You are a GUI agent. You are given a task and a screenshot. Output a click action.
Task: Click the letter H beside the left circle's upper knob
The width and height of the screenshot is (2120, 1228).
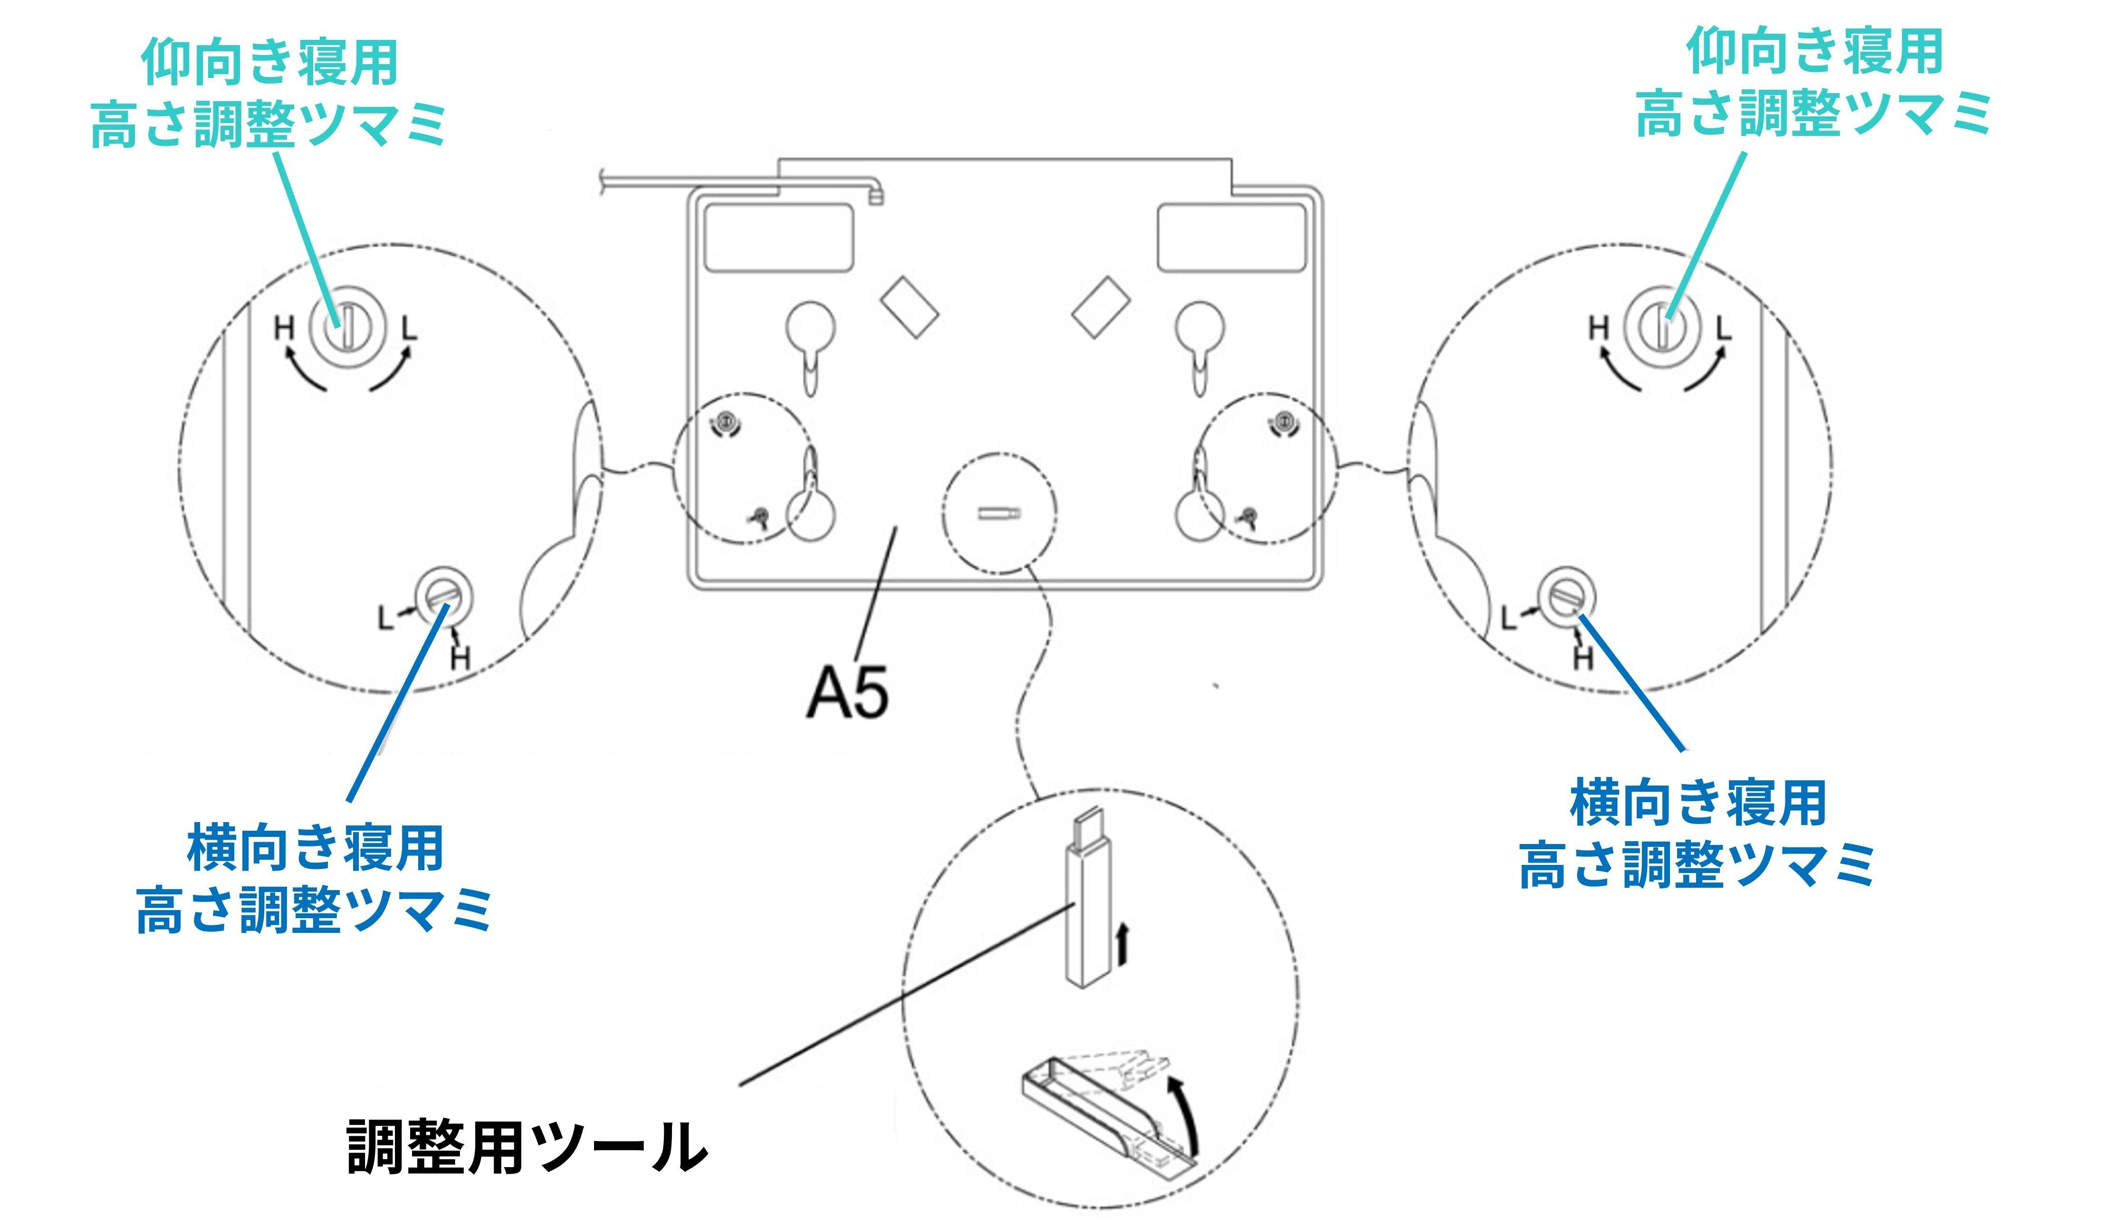coord(284,327)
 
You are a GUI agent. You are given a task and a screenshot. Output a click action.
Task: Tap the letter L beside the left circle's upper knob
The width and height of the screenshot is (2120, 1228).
coord(409,327)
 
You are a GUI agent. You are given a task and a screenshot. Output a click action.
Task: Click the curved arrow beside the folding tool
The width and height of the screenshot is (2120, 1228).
coord(1184,1110)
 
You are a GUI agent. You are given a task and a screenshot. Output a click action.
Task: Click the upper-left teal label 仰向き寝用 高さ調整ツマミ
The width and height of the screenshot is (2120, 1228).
coord(269,93)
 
